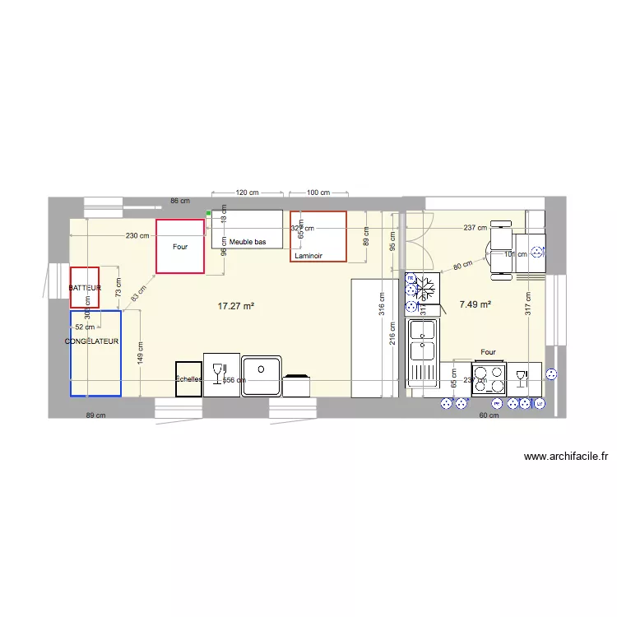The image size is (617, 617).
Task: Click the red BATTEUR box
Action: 85,287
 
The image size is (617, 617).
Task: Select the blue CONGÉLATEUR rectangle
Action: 95,353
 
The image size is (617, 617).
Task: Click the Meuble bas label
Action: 247,242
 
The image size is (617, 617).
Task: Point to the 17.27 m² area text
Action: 235,306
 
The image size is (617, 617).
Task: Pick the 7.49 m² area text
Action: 475,304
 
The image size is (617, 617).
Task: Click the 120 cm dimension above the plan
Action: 247,193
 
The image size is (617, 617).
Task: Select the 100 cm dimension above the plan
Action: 318,193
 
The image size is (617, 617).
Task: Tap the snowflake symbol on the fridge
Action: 425,288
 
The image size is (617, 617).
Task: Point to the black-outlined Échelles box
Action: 188,378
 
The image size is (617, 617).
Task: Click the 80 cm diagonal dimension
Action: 462,266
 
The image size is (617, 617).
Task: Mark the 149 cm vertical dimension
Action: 141,353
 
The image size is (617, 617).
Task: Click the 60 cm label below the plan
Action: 489,415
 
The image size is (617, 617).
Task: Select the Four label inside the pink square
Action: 179,246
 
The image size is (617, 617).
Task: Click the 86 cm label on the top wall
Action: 180,201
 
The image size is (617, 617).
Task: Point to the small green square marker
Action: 209,213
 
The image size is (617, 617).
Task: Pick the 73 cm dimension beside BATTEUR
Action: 118,287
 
